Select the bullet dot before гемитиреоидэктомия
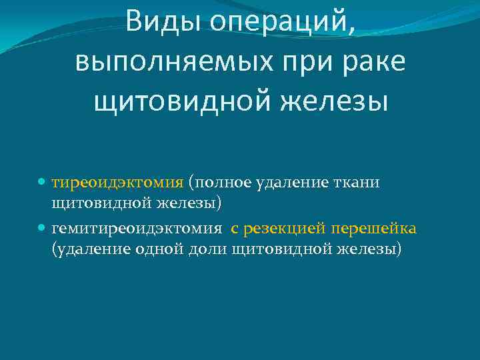pos(42,229)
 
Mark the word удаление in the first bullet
pos(291,183)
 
